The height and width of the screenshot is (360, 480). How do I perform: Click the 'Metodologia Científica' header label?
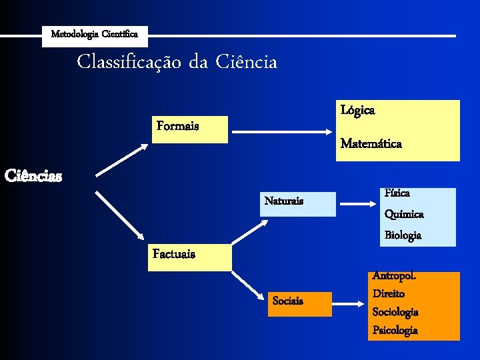point(95,34)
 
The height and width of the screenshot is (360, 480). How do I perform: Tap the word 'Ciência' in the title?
point(246,63)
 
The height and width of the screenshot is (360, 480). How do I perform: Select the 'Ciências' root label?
point(33,177)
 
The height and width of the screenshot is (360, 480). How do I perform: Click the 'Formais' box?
point(191,129)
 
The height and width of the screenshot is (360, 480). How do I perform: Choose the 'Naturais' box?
point(298,203)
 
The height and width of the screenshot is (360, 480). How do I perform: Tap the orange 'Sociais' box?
point(299,303)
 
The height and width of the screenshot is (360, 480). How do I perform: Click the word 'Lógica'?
point(357,110)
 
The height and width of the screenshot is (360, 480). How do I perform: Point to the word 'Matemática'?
point(371,143)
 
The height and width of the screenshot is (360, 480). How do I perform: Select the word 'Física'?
point(397,193)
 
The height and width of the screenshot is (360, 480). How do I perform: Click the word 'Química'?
point(404,214)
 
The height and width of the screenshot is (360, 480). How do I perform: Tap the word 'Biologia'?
point(403,235)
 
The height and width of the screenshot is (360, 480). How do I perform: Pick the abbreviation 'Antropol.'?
point(394,275)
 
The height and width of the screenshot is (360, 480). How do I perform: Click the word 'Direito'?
point(389,293)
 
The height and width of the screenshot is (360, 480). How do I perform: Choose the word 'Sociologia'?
point(395,312)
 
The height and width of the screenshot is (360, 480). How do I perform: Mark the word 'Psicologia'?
point(395,330)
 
